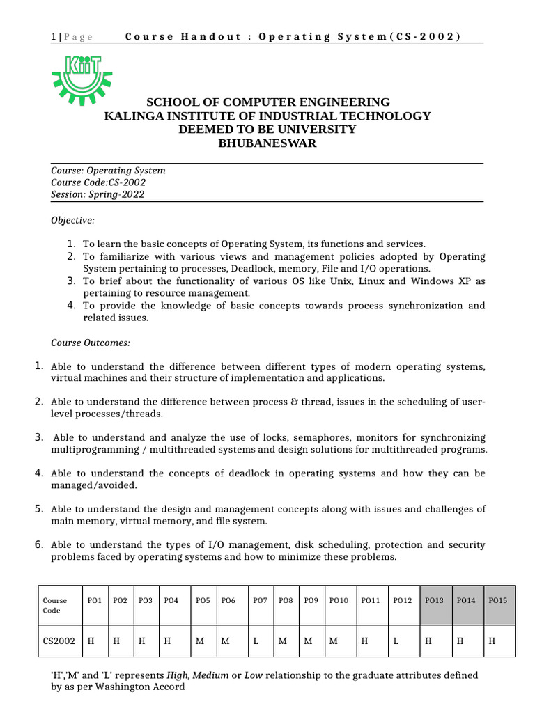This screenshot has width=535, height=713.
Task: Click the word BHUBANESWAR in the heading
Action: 267,143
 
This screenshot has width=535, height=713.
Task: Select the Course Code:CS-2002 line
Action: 98,182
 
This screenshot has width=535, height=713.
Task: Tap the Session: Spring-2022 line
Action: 98,194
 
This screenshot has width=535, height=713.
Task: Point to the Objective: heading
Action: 72,220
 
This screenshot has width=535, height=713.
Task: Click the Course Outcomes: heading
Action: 91,343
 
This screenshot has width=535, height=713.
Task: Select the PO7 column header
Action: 260,600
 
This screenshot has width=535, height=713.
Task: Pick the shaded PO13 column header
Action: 434,600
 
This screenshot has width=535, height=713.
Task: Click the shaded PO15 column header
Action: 498,600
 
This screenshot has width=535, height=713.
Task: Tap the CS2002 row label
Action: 59,641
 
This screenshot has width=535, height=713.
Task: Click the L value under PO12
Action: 396,641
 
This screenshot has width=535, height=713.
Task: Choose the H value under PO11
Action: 364,641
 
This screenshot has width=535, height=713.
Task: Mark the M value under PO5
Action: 200,641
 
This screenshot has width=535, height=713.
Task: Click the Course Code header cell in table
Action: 55,605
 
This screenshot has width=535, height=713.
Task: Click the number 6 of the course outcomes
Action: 39,544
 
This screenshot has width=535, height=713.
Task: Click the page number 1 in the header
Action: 54,37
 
